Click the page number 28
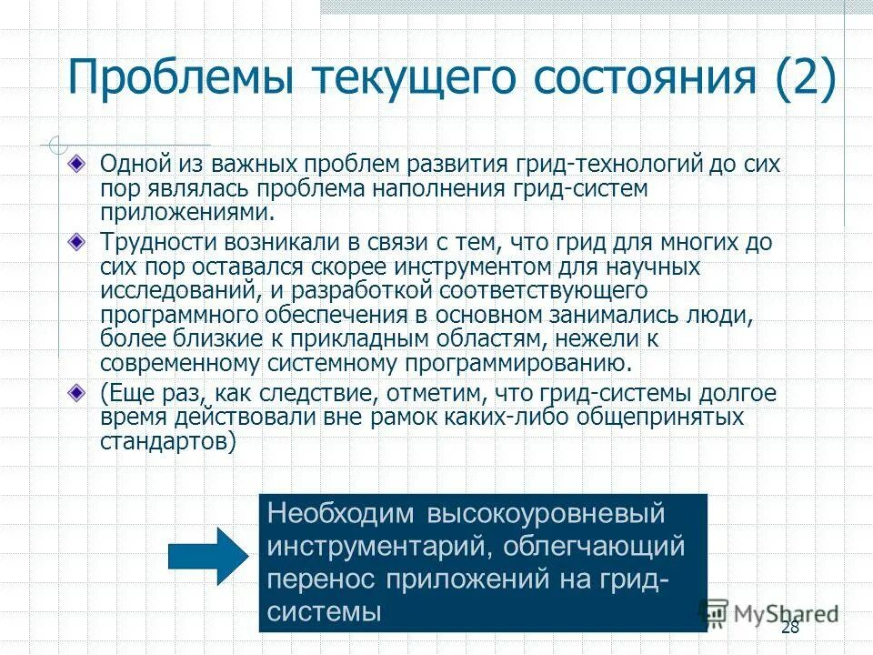click(789, 629)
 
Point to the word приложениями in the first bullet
click(186, 211)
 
